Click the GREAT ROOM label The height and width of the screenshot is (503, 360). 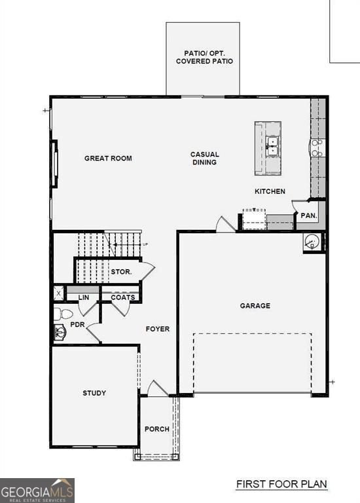point(108,158)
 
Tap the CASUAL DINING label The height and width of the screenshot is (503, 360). point(204,158)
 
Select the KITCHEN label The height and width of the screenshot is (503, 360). point(270,191)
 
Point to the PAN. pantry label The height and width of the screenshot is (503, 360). point(308,215)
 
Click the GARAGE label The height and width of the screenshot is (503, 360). point(255,306)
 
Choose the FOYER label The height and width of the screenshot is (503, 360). point(158,329)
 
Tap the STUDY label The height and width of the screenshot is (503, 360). point(94,393)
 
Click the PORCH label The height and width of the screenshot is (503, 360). point(157,430)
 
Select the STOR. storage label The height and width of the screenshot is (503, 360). point(122,271)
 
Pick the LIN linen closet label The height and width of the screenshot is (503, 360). point(84,297)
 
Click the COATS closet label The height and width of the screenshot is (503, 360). point(122,297)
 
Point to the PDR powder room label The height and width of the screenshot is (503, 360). point(77,324)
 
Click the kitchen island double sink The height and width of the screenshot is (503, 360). point(273,145)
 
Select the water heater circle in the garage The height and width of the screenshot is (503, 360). point(312,242)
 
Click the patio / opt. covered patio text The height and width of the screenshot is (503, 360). point(204,57)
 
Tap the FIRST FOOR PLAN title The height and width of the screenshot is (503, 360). point(281,485)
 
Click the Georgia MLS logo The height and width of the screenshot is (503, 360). point(37,490)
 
